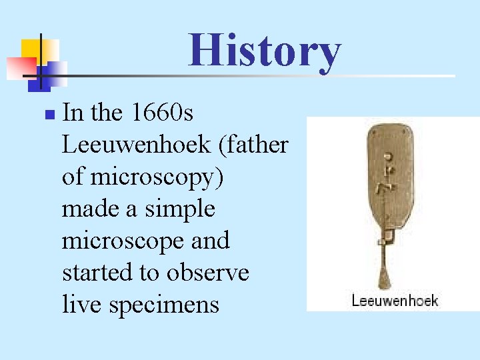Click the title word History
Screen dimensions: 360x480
265,51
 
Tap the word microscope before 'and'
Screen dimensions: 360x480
117,241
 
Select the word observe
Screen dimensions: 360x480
210,273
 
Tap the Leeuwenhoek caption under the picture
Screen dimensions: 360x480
395,301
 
